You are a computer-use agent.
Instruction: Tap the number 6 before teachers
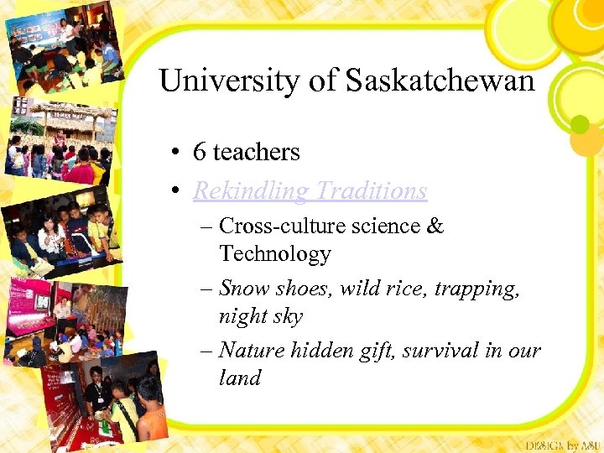(x=199, y=152)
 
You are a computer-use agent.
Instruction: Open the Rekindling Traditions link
(x=310, y=191)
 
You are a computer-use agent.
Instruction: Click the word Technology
(x=275, y=253)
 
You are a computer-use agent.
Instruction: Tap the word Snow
(x=242, y=289)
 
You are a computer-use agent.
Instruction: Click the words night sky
(x=260, y=316)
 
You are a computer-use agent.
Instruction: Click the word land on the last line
(x=240, y=377)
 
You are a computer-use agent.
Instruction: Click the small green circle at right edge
(x=580, y=124)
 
